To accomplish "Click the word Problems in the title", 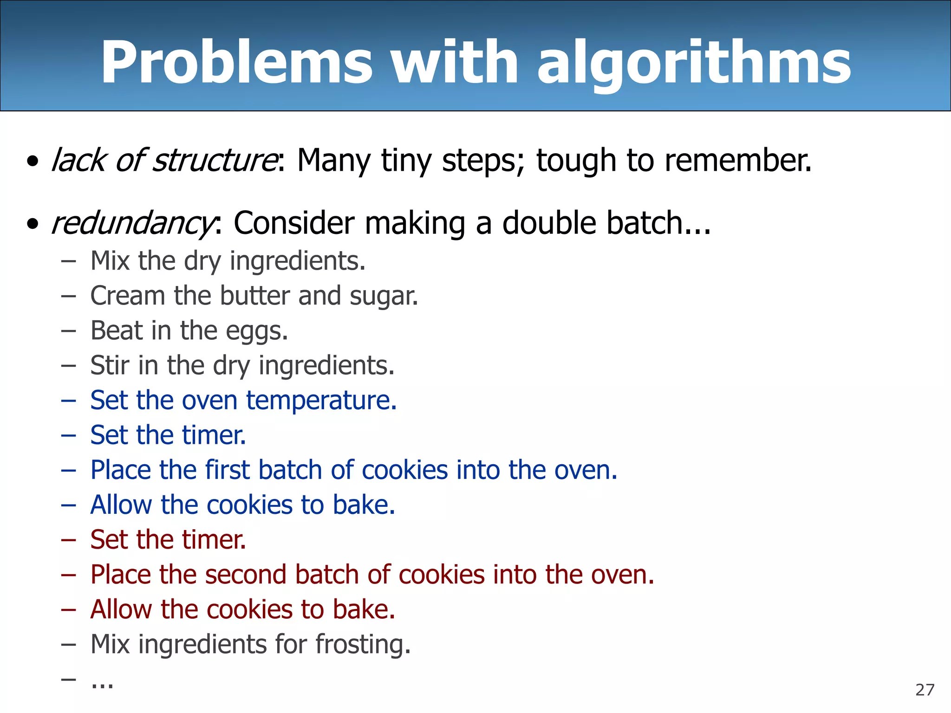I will pyautogui.click(x=237, y=63).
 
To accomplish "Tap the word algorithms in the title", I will pyautogui.click(x=694, y=63).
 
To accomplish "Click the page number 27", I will pyautogui.click(x=925, y=690).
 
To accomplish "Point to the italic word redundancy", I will pyautogui.click(x=133, y=224).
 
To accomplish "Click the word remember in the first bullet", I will pyautogui.click(x=738, y=160).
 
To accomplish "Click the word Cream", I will pyautogui.click(x=128, y=296).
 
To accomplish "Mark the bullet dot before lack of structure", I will pyautogui.click(x=33, y=162).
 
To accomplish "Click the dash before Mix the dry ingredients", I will pyautogui.click(x=68, y=261).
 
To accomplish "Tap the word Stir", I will pyautogui.click(x=110, y=365).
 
